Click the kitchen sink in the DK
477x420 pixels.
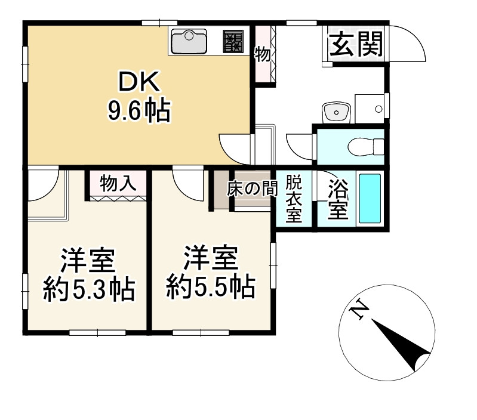click(189, 42)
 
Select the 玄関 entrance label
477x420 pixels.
click(356, 44)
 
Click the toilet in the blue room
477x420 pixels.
click(365, 145)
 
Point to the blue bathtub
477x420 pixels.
click(370, 199)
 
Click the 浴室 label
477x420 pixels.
click(338, 200)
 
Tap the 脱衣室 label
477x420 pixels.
click(293, 199)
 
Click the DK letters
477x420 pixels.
click(138, 83)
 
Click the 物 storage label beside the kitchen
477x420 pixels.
click(263, 55)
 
